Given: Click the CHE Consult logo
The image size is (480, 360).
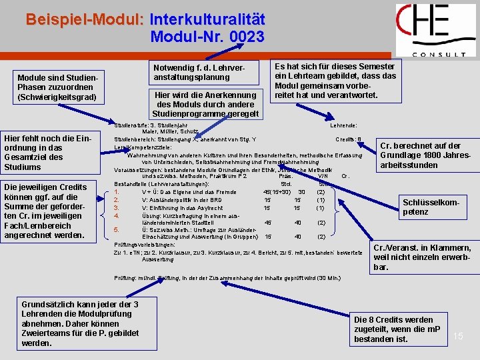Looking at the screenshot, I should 435,31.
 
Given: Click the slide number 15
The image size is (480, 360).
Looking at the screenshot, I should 458,336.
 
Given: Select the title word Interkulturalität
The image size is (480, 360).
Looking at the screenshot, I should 207,19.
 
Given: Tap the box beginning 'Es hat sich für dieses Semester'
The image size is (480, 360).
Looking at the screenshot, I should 335,81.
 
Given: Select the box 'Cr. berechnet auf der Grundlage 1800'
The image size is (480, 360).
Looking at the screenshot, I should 424,155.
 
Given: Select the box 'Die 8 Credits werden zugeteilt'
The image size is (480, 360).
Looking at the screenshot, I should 397,329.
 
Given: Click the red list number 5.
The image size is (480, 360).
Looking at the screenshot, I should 117,230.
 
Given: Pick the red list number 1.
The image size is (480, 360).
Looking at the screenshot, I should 117,192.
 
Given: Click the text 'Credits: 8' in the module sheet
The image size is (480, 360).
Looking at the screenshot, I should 348,139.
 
